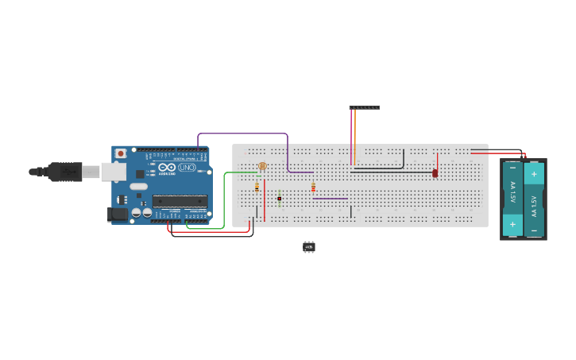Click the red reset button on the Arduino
(121, 153)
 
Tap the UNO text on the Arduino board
(187, 168)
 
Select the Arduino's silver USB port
(113, 171)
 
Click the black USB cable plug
(64, 171)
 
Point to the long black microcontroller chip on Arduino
(180, 201)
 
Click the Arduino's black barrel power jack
(118, 213)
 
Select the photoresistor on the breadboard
(262, 166)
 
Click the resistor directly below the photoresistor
(257, 187)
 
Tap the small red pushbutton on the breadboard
(280, 199)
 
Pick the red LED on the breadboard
(435, 172)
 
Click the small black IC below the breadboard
(309, 247)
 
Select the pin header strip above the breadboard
(364, 107)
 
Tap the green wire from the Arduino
(224, 199)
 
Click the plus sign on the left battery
(512, 224)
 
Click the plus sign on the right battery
(534, 172)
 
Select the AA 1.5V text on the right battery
(534, 202)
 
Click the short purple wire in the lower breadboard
(330, 198)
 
